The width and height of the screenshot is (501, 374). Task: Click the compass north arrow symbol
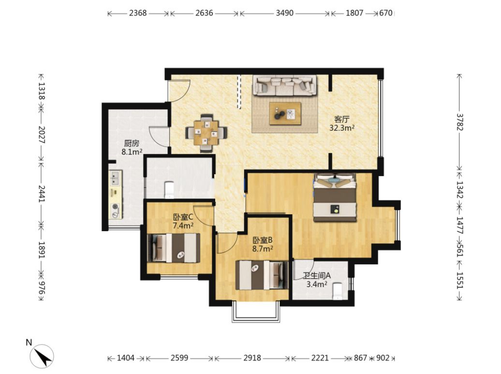point(42,356)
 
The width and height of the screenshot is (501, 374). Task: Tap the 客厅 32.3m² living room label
point(342,124)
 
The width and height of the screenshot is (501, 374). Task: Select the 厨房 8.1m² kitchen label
point(132,148)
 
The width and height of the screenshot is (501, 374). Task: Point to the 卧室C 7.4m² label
point(183,222)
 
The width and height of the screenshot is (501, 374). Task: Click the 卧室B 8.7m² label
point(263,244)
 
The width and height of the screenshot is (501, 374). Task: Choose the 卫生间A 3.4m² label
point(317,280)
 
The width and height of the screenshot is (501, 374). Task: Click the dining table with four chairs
point(206,133)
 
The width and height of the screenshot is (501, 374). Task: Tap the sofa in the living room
point(285,85)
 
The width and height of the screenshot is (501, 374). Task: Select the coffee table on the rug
point(285,113)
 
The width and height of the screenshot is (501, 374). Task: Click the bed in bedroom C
point(174,248)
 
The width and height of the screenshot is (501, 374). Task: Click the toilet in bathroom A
point(338,291)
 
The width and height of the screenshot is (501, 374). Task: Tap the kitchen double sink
point(115,178)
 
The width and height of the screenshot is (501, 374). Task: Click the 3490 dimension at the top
point(285,13)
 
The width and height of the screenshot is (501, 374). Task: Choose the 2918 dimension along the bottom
point(252,358)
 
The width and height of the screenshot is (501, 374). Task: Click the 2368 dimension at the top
point(138,13)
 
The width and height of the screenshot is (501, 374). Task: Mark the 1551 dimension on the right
point(460,280)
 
